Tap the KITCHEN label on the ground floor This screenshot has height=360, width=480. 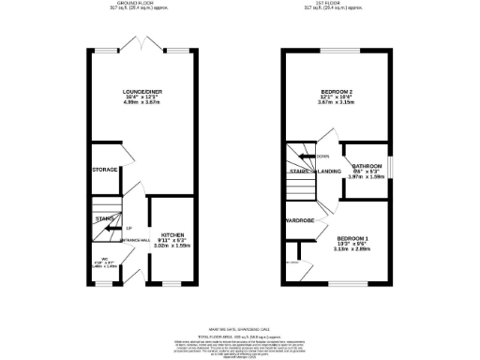(x=173, y=234)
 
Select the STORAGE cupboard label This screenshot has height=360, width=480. (x=105, y=170)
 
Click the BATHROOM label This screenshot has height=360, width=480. (x=367, y=165)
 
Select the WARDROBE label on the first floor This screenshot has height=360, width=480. (x=300, y=221)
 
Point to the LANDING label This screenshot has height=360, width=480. (x=329, y=172)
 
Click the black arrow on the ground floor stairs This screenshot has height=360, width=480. (x=112, y=227)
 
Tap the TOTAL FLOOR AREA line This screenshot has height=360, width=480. (x=240, y=325)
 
